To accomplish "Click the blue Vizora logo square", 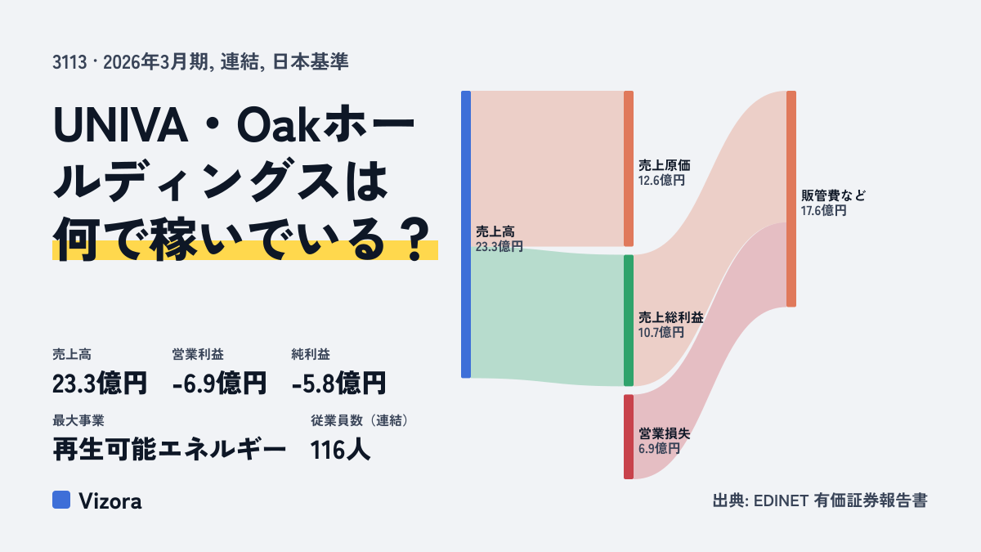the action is [x=61, y=500].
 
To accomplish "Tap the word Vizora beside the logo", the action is [x=110, y=501].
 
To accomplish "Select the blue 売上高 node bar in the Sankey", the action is [x=466, y=235].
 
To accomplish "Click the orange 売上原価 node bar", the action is [x=629, y=168].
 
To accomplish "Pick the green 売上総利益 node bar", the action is [x=629, y=321].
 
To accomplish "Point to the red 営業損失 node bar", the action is [x=629, y=437].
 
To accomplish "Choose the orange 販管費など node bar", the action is [x=791, y=199].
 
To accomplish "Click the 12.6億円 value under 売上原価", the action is [x=661, y=181].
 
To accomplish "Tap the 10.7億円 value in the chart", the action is [x=661, y=333].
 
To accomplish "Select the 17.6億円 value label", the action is [x=824, y=211].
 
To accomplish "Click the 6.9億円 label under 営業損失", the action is [x=659, y=449].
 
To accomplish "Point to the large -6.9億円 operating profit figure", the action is [x=219, y=384].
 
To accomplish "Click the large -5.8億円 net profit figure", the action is [x=339, y=384].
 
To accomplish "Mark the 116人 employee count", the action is [x=340, y=450].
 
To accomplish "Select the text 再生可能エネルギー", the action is [x=169, y=450].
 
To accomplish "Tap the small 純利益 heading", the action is [x=311, y=354].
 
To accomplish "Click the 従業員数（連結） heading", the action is [x=360, y=420].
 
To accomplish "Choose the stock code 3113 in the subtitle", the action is [x=69, y=62].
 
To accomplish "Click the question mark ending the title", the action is [x=415, y=240].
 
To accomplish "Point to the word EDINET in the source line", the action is [x=781, y=500].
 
